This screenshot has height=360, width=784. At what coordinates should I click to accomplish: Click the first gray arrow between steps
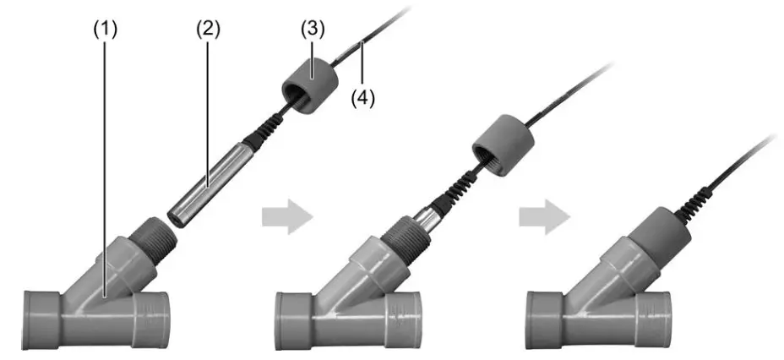click(x=285, y=219)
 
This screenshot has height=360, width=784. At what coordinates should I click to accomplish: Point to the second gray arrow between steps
click(x=543, y=219)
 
